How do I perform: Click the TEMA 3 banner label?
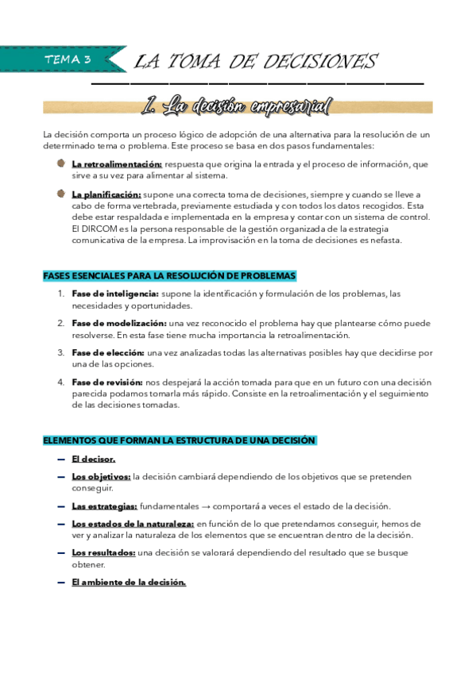point(68,60)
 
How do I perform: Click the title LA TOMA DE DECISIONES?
point(256,62)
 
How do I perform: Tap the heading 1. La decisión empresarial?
point(234,106)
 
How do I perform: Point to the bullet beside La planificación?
point(61,193)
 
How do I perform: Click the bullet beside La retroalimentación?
point(61,163)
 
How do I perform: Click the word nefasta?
point(385,240)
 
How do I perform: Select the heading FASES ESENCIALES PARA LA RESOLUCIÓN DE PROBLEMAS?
point(169,276)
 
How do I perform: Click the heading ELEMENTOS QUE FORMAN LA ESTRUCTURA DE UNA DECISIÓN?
point(180,440)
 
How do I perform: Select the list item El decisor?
point(94,459)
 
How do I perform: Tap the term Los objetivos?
point(101,477)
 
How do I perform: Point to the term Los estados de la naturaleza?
point(132,524)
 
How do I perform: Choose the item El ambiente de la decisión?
point(129,583)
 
